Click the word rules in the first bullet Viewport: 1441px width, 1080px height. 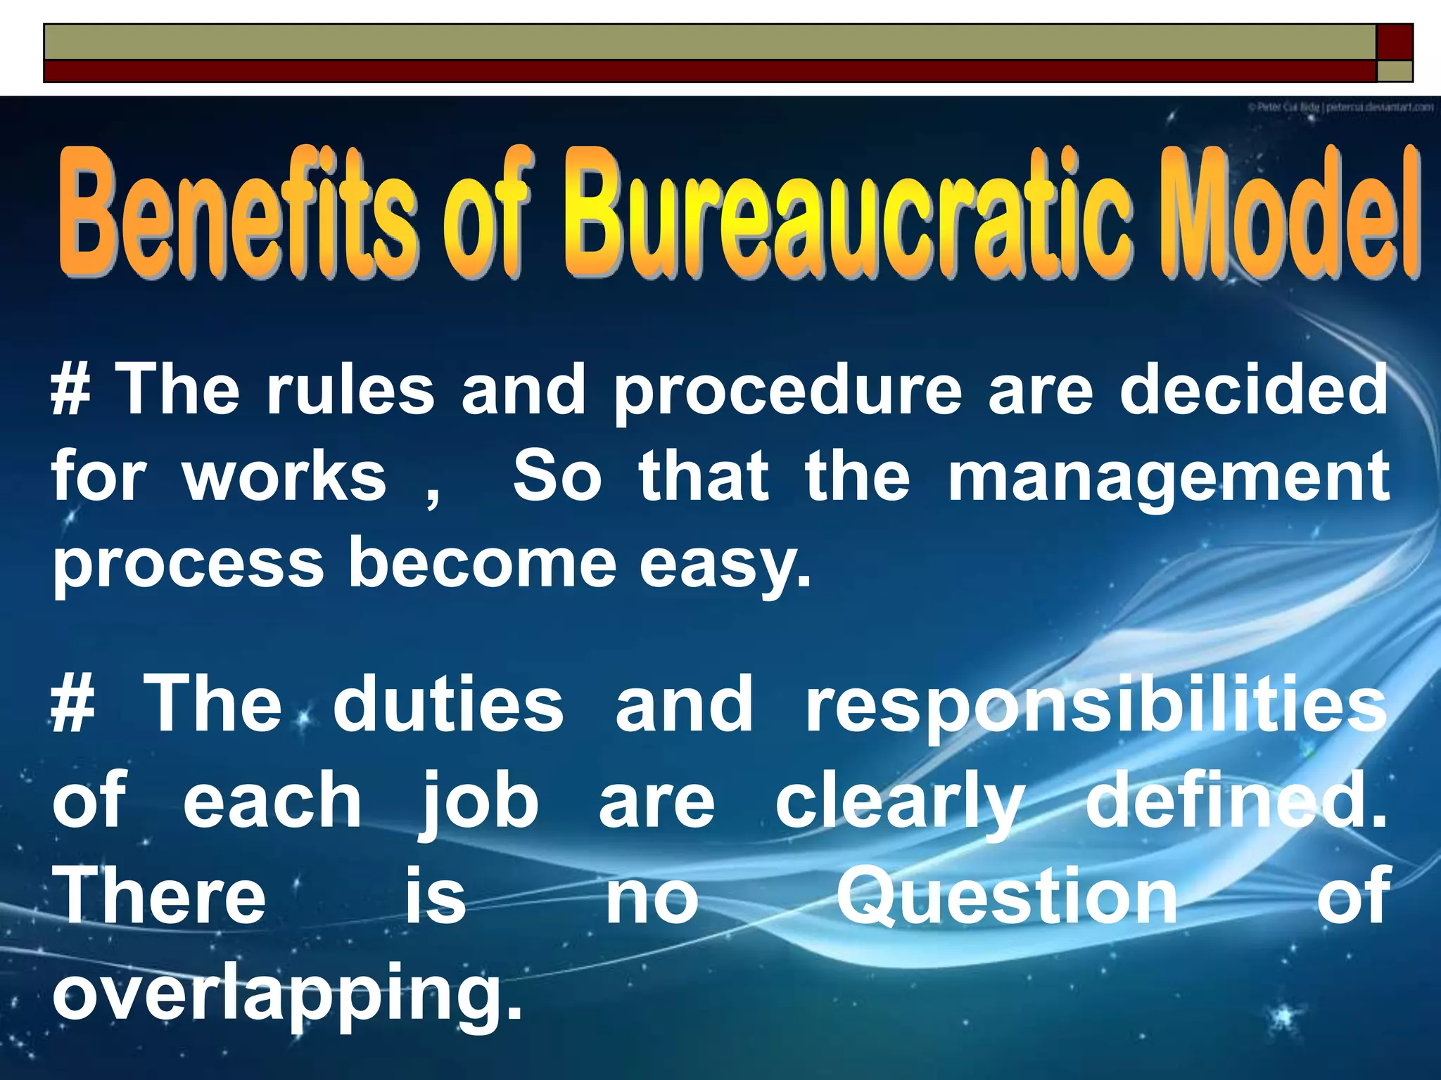click(350, 390)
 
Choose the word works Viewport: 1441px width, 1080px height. click(285, 476)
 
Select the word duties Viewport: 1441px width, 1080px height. click(449, 704)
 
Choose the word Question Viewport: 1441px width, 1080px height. click(1007, 896)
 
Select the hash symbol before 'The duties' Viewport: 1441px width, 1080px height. click(73, 704)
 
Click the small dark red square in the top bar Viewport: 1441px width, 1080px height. click(1394, 42)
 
